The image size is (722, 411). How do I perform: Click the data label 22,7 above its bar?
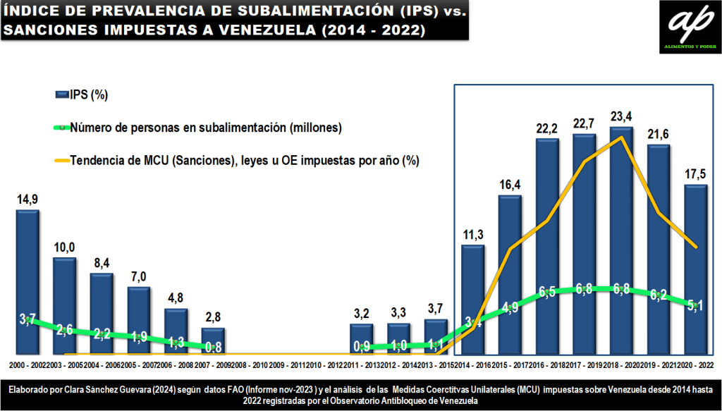(585, 124)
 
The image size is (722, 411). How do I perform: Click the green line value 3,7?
(27, 321)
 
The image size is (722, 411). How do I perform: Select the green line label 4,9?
(510, 307)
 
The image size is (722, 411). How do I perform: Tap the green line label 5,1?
(695, 305)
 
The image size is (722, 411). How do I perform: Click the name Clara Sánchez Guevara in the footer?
(110, 388)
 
